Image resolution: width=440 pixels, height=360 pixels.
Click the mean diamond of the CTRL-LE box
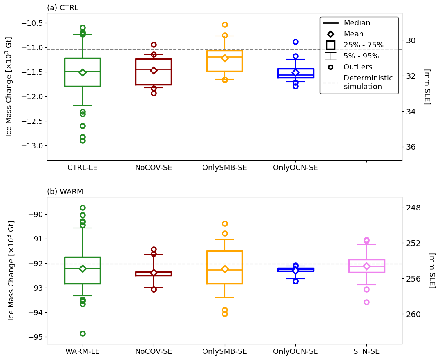pyautogui.click(x=83, y=72)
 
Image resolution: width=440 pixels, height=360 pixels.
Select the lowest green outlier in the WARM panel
pyautogui.click(x=83, y=333)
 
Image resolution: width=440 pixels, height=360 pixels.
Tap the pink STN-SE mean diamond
pyautogui.click(x=366, y=266)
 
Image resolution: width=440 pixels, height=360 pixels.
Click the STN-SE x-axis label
pyautogui.click(x=366, y=351)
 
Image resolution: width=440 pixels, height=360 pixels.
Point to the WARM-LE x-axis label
pyautogui.click(x=83, y=351)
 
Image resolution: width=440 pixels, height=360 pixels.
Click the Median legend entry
pyautogui.click(x=357, y=23)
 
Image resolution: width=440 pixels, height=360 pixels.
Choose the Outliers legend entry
pyautogui.click(x=357, y=67)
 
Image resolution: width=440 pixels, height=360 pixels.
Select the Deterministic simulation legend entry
pyautogui.click(x=368, y=83)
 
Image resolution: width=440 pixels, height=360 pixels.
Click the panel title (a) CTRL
pyautogui.click(x=63, y=8)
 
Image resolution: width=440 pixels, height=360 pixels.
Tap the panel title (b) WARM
pyautogui.click(x=65, y=192)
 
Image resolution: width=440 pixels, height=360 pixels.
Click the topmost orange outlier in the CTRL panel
pyautogui.click(x=225, y=25)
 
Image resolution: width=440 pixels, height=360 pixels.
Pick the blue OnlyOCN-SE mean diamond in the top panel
pyautogui.click(x=295, y=72)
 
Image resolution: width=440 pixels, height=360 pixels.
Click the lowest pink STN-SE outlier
pyautogui.click(x=366, y=302)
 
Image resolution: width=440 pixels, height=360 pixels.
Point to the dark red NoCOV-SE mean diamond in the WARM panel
pyautogui.click(x=154, y=273)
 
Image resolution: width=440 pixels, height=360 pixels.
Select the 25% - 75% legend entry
pyautogui.click(x=363, y=45)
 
